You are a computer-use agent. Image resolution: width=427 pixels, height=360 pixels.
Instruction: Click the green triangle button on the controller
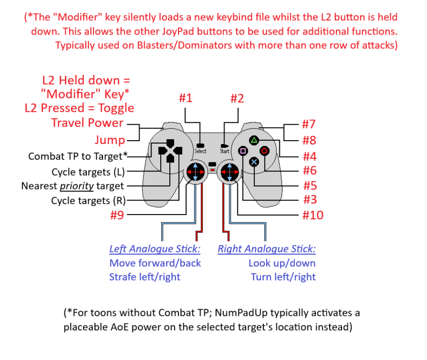[x=254, y=140]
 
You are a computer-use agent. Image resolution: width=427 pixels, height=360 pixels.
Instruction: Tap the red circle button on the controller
[x=265, y=151]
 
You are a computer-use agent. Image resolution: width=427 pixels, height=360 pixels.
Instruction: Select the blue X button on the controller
[x=254, y=162]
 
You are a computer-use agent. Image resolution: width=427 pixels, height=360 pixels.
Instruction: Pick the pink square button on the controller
[x=243, y=151]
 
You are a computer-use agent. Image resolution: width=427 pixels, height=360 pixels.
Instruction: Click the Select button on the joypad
[x=201, y=145]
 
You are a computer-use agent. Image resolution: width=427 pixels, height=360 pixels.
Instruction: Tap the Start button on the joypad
[x=224, y=145]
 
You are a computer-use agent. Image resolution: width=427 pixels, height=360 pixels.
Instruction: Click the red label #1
[x=186, y=98]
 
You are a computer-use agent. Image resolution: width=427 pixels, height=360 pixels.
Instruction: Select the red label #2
[x=237, y=98]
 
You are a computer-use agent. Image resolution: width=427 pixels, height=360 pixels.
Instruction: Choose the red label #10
[x=313, y=215]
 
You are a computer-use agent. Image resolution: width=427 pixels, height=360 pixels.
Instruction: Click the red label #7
[x=309, y=125]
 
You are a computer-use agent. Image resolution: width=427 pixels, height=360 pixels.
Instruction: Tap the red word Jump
[x=109, y=140]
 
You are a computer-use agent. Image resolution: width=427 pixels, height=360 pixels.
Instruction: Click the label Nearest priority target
[x=72, y=186]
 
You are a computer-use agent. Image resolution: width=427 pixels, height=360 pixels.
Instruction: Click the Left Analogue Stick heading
[x=154, y=249]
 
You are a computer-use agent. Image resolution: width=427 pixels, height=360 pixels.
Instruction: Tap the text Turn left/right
[x=283, y=277]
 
